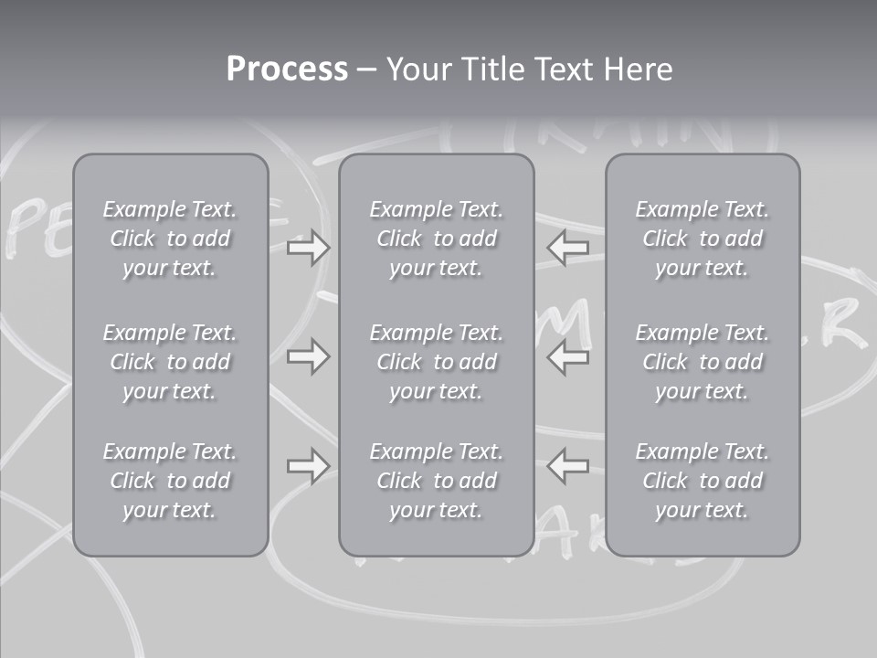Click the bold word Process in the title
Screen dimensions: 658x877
coord(287,69)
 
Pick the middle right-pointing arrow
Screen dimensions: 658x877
coord(308,356)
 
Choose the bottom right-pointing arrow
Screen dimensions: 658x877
coord(308,466)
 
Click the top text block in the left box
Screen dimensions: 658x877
coord(170,239)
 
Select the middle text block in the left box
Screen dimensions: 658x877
coord(170,362)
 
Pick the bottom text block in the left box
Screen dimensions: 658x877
coord(170,481)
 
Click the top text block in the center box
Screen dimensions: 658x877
coord(437,239)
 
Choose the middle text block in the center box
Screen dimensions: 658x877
coord(437,362)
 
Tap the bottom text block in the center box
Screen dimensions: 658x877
coord(437,481)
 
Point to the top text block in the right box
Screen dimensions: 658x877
coord(703,239)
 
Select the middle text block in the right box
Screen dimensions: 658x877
coord(703,362)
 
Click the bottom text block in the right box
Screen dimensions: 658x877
coord(703,481)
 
